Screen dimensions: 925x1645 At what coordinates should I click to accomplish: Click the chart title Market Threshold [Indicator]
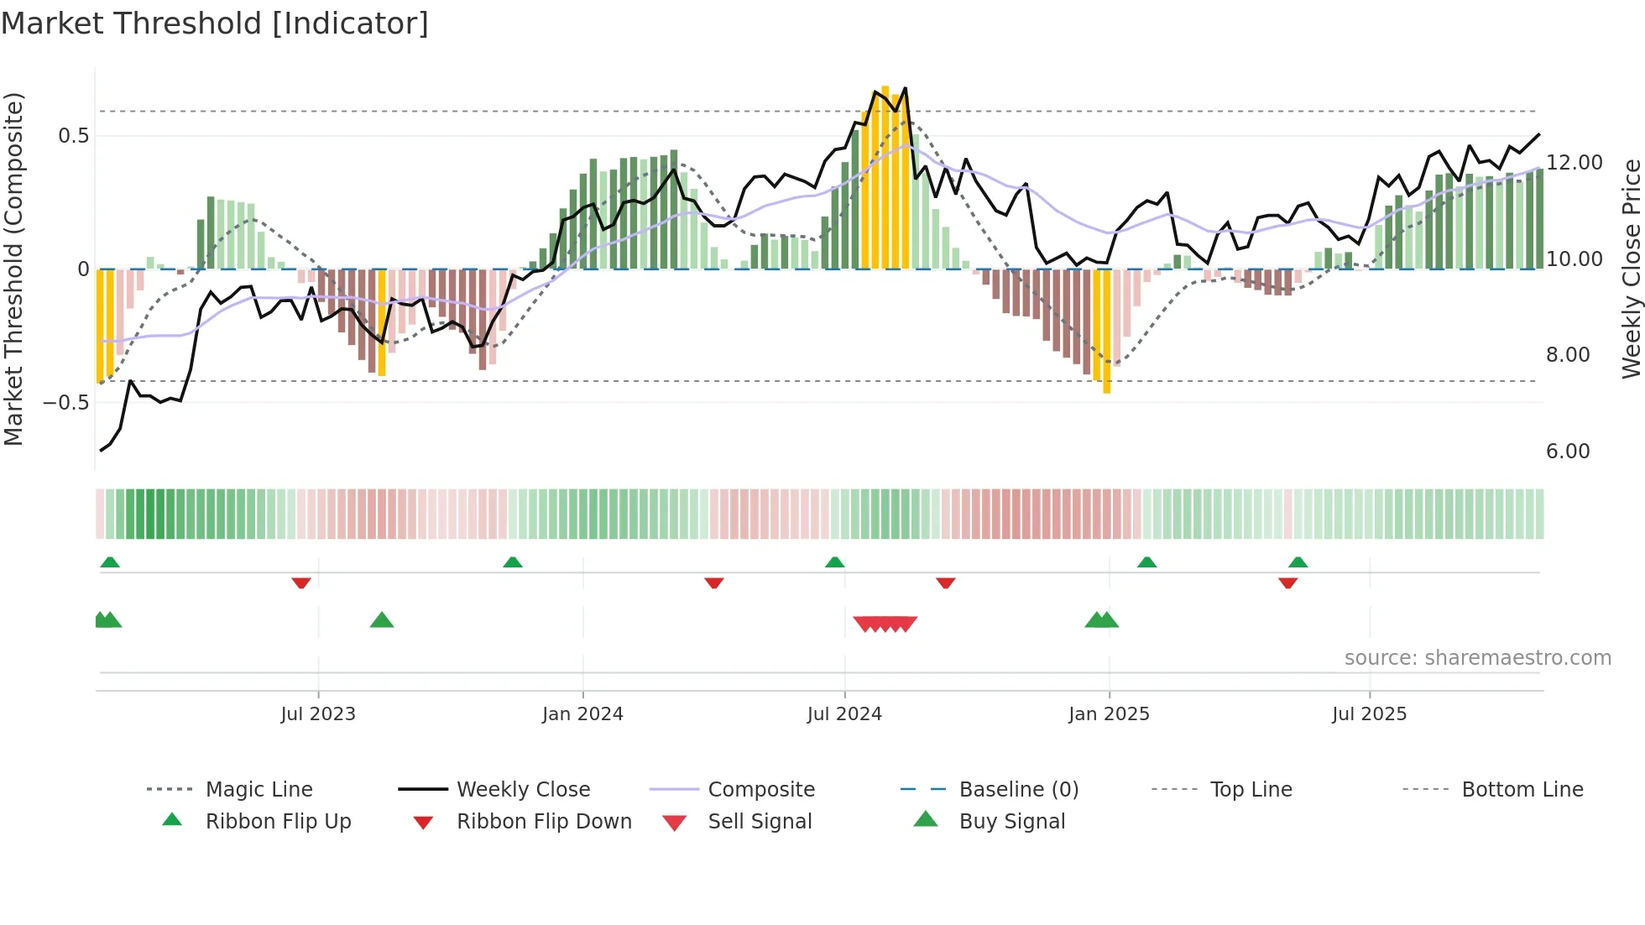(x=215, y=24)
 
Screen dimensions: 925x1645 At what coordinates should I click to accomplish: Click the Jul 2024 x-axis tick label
(x=844, y=714)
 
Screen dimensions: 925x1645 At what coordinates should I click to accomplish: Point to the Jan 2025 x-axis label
(x=1109, y=714)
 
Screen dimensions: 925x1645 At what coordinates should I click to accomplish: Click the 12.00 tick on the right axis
(x=1574, y=163)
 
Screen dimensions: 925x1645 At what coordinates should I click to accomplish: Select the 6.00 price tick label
(x=1568, y=452)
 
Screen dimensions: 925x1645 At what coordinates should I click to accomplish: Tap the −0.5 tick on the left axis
(x=65, y=403)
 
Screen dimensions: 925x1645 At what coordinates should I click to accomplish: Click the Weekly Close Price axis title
(x=1631, y=269)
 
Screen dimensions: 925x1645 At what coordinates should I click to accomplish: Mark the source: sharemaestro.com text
(x=1477, y=658)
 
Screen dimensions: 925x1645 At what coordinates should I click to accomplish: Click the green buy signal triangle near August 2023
(x=382, y=620)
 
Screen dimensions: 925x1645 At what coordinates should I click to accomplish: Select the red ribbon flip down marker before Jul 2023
(x=301, y=583)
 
